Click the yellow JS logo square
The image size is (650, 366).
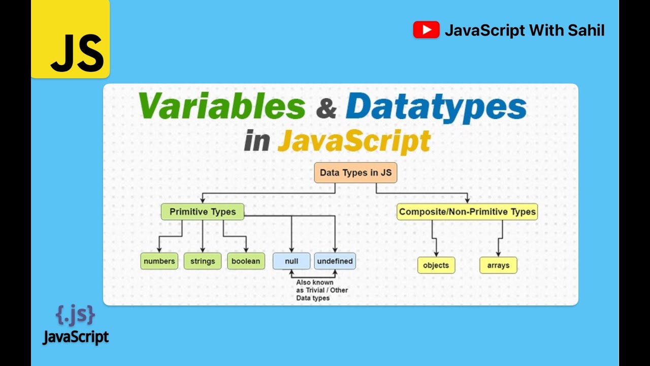pos(70,39)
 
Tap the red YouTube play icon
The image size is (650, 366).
pos(426,30)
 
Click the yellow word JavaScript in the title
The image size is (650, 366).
pos(354,141)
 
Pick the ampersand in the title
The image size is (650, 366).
pos(325,108)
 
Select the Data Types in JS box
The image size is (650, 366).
pos(355,173)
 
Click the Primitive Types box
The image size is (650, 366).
pos(203,211)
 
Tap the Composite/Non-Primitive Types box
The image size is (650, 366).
pos(467,211)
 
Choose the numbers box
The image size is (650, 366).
pos(159,261)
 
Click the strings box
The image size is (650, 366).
pos(203,261)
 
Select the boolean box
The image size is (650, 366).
pos(246,261)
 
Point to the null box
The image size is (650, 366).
pos(291,261)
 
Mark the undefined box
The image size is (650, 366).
pos(335,261)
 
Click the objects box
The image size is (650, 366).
pos(436,265)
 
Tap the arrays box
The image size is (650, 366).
pos(498,265)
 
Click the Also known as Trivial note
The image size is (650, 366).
pos(322,290)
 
